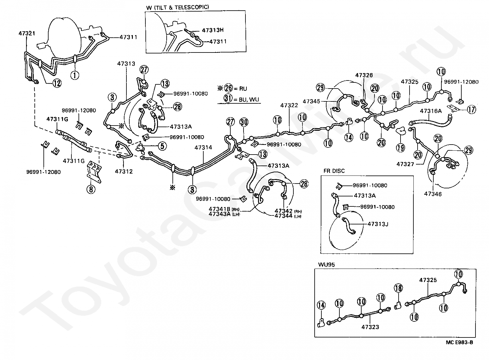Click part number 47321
pos(27,33)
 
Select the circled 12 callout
pos(57,83)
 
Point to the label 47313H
pos(213,30)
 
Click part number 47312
pos(124,171)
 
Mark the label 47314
pos(203,147)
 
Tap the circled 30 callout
pos(244,122)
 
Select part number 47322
pos(289,105)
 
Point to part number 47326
pos(364,75)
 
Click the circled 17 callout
pos(471,109)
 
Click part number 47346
pos(433,194)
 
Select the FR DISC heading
pos(334,171)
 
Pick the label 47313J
pos(378,224)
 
